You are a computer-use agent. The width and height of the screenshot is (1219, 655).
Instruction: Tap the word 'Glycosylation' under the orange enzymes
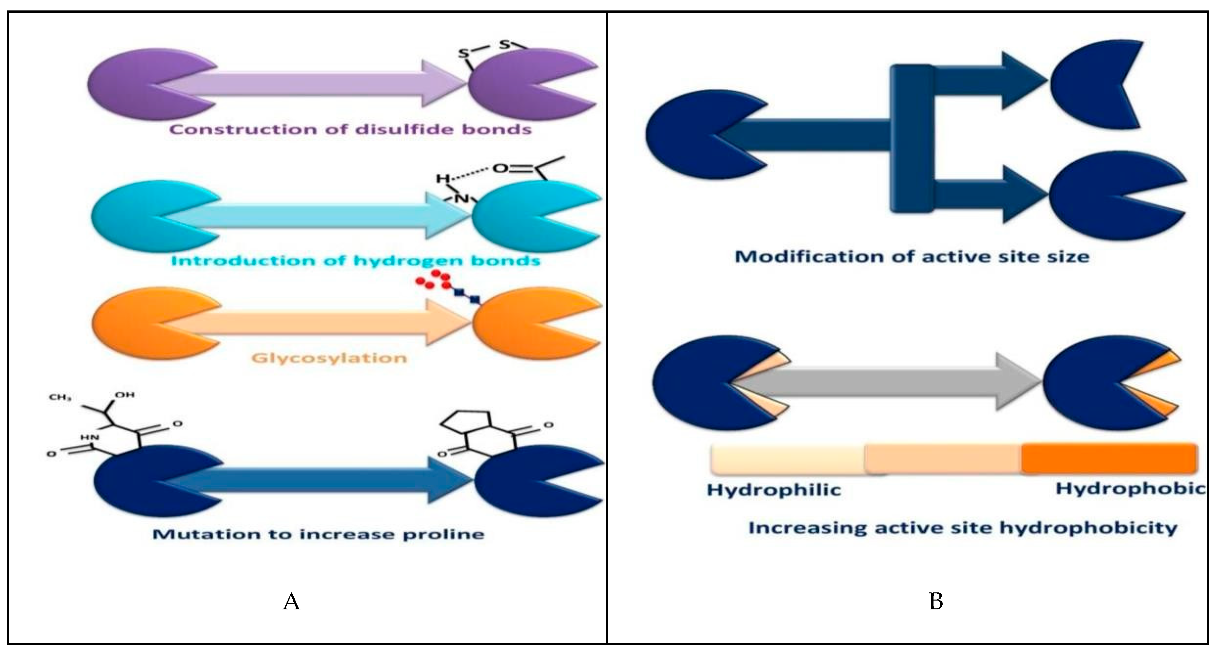click(329, 358)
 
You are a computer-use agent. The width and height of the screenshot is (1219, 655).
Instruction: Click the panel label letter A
click(291, 602)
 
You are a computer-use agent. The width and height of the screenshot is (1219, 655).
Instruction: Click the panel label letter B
click(936, 602)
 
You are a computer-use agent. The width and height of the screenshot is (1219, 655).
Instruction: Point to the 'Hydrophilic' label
click(774, 489)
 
